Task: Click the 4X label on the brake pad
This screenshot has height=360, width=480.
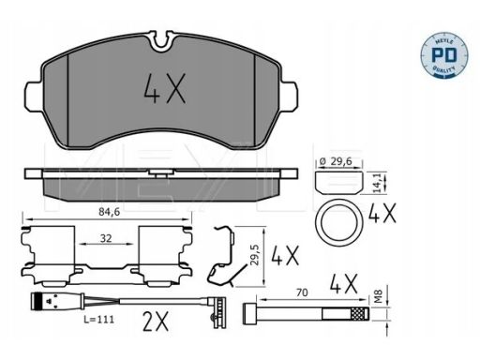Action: click(x=164, y=88)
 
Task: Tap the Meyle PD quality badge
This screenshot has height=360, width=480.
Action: click(x=444, y=54)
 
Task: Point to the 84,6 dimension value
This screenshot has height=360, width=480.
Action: click(x=110, y=212)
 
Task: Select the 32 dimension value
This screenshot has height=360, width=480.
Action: click(x=106, y=238)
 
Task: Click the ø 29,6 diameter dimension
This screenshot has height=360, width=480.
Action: click(x=336, y=161)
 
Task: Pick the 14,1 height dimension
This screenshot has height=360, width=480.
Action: click(x=377, y=184)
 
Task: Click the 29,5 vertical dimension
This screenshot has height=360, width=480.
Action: click(x=255, y=255)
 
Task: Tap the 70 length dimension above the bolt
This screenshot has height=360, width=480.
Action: click(x=302, y=292)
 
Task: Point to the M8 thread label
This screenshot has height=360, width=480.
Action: click(x=379, y=296)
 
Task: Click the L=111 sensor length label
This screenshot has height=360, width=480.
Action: click(x=98, y=320)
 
